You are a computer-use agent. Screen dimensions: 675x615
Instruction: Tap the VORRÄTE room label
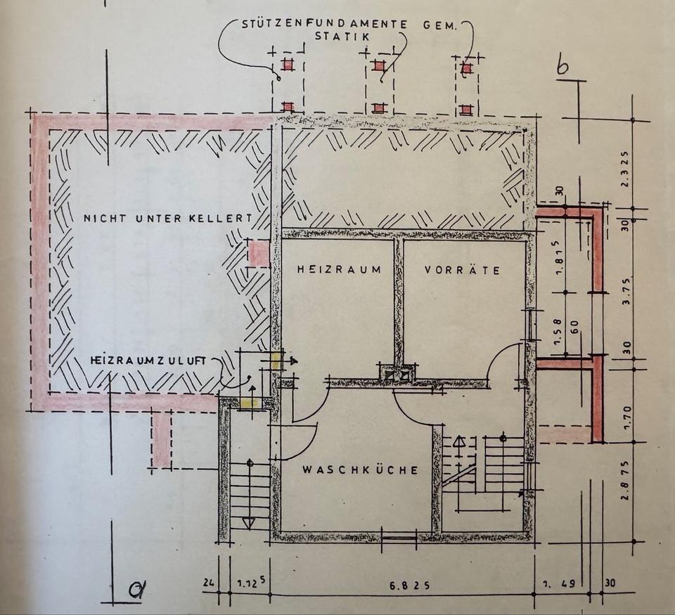[462, 269]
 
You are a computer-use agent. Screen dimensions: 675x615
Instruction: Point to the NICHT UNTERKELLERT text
[167, 219]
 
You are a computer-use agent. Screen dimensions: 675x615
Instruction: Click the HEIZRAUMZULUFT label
[148, 359]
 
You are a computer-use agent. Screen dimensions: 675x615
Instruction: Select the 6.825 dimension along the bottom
[405, 583]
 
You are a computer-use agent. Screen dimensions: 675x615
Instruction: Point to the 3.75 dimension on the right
[626, 287]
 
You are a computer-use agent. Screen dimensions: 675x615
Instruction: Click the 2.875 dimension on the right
[626, 492]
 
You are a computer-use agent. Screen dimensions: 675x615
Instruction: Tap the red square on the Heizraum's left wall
[258, 253]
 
